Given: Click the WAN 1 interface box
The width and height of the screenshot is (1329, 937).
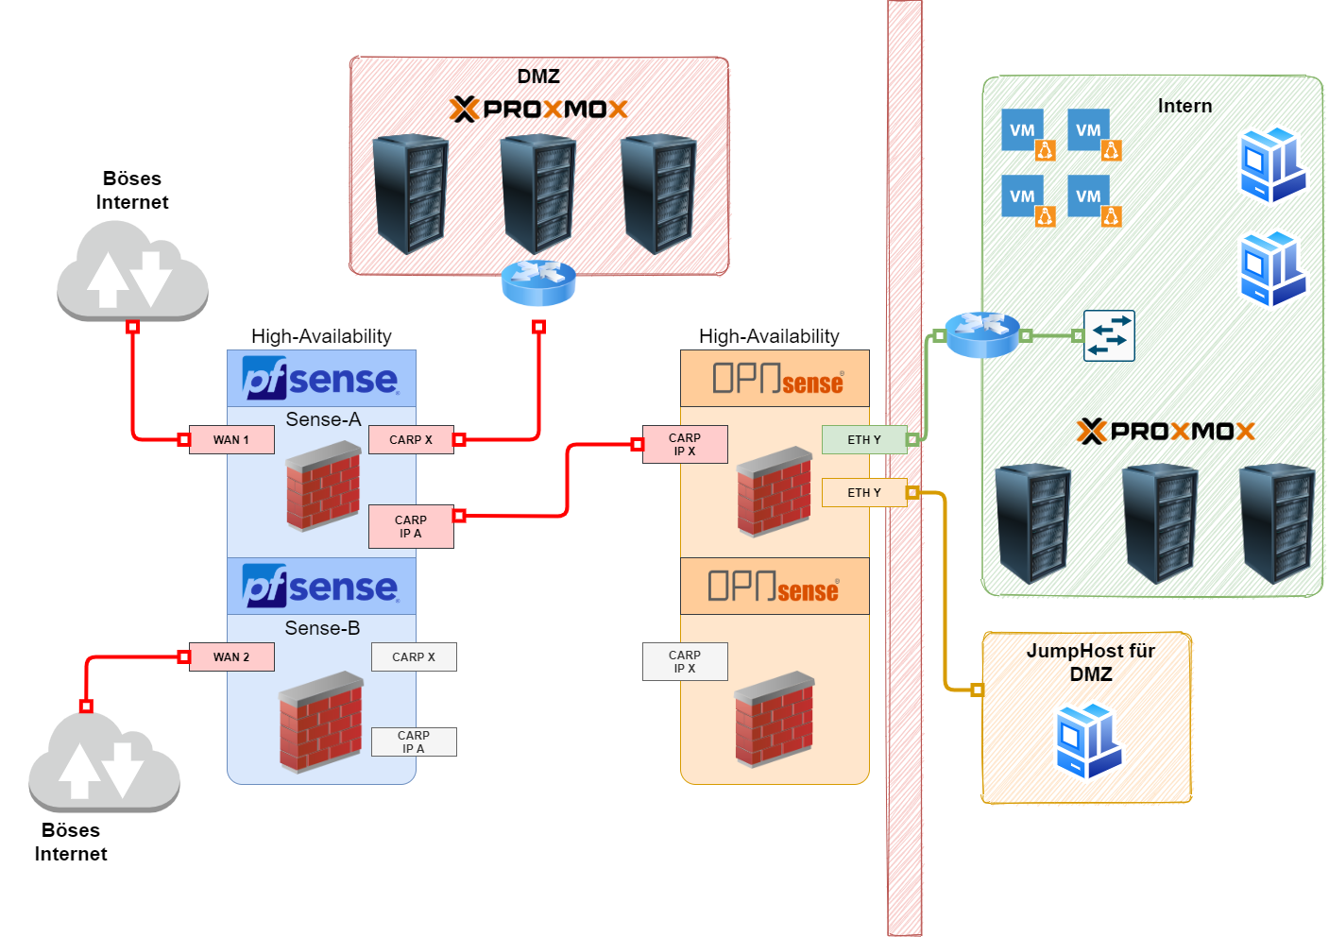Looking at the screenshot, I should pos(231,440).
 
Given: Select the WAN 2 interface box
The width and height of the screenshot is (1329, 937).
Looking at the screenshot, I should pos(231,657).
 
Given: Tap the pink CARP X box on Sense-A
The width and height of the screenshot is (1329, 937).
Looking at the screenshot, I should pos(411,440).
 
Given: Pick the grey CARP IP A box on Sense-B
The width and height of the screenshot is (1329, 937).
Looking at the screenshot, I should pos(414,742).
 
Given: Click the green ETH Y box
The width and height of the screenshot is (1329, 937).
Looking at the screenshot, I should pos(864,440).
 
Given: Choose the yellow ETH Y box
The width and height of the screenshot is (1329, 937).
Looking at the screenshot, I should pos(864,493).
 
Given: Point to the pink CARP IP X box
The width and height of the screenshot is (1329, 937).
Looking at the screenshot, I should pos(685,445).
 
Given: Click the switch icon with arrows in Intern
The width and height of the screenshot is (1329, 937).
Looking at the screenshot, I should pos(1109,335).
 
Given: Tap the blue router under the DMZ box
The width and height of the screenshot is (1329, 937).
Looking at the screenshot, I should pos(538,282).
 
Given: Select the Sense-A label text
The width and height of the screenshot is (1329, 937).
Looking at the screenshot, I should pos(323,419).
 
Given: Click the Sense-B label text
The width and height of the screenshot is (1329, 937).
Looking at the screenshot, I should pos(322,628).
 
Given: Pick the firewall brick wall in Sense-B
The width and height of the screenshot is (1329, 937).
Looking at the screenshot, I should pos(321,722).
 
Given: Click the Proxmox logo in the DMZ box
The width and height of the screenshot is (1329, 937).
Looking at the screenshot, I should pos(538,110).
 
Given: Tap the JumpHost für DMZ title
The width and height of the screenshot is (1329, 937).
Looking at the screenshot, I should pos(1091,662).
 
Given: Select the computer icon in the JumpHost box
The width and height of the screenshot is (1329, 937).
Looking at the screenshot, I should pos(1089,741).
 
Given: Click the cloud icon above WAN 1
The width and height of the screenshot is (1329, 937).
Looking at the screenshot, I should pos(132,270).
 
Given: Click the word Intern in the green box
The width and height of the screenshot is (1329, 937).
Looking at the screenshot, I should pos(1184,106).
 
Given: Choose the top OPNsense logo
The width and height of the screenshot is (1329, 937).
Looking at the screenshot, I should pos(777,379).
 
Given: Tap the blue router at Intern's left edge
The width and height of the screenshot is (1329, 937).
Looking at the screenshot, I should pos(982,334).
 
